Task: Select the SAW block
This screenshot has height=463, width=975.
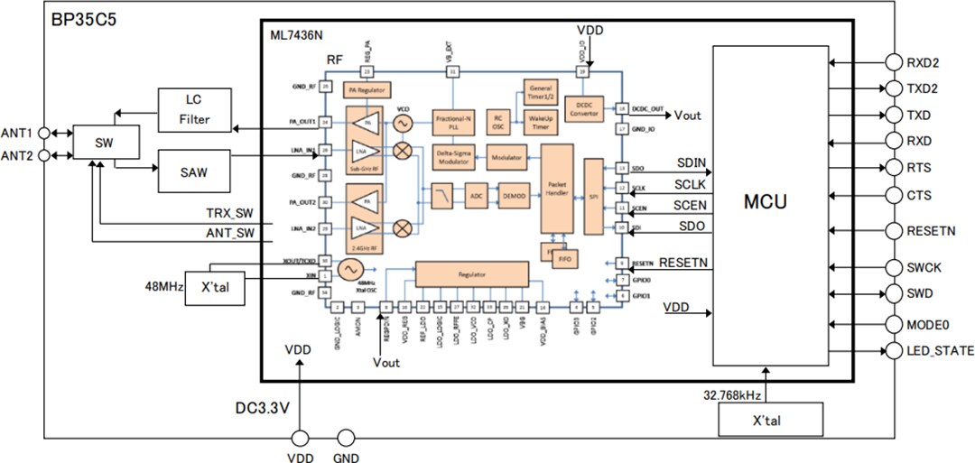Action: [x=194, y=171]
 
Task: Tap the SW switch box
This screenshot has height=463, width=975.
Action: [x=106, y=141]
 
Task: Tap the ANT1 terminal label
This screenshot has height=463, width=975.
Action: [x=18, y=132]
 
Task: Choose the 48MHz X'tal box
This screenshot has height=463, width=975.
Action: [x=218, y=287]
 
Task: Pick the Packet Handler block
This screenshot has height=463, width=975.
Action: [x=557, y=187]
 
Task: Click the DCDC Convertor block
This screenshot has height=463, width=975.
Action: [x=583, y=108]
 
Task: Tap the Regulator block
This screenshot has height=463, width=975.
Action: [x=471, y=273]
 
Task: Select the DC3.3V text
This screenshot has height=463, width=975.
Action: [x=256, y=408]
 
